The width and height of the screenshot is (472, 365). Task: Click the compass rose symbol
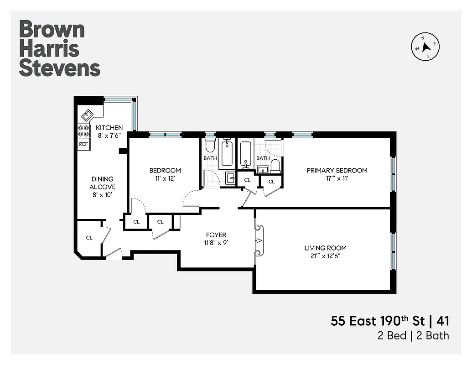point(426,47)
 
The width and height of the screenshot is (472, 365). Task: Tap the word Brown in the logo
point(52,30)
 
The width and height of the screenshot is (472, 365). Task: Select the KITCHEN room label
point(109,128)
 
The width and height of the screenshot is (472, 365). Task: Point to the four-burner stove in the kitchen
point(84,131)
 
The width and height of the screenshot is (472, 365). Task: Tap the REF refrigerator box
point(84,144)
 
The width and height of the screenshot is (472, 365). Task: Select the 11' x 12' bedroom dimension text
point(165,179)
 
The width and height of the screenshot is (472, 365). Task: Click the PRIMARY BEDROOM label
point(337,171)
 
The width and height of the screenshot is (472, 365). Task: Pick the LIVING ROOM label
point(325,248)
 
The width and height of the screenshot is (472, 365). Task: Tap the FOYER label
point(216,235)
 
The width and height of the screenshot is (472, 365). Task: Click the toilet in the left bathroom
point(210,146)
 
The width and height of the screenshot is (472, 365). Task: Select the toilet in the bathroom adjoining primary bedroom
point(275,166)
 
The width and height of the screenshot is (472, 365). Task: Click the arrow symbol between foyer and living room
point(259,240)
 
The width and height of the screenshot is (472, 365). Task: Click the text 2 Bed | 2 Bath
point(413,336)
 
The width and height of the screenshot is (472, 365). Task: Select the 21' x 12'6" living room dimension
point(325,256)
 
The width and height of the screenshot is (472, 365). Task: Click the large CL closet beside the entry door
point(89,238)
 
